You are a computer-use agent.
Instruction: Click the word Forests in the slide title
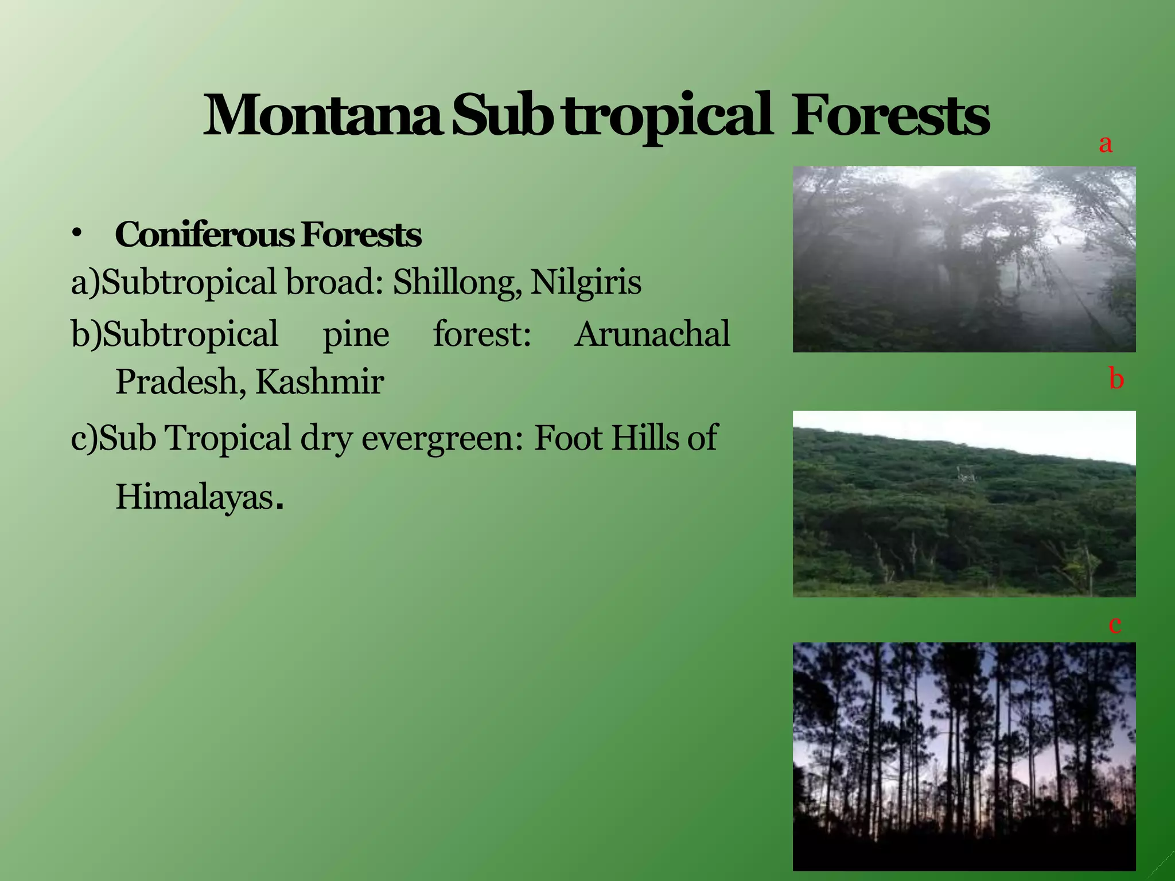890,116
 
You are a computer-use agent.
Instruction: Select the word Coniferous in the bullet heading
204,235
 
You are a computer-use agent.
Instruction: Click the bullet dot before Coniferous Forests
77,233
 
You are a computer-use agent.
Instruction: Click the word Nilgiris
586,282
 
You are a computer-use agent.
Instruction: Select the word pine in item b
356,334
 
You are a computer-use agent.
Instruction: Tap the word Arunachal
652,334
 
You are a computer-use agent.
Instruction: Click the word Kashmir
320,382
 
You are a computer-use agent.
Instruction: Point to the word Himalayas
195,497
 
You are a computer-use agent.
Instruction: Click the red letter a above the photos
1106,143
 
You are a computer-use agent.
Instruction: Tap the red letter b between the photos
1116,379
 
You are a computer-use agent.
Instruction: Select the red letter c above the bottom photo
1115,624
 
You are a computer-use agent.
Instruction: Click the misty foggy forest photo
964,259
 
